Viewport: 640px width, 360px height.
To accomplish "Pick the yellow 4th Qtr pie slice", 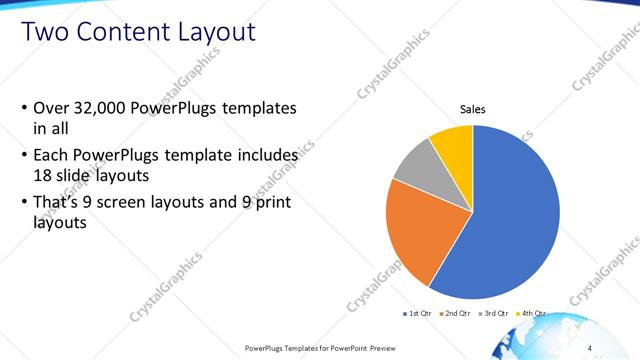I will point(454,144).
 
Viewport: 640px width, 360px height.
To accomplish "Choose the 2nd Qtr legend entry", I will point(458,313).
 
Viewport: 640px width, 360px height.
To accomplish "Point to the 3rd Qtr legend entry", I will point(495,313).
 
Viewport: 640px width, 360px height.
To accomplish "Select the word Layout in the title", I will point(217,32).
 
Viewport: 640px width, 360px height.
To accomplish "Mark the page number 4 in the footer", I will point(590,347).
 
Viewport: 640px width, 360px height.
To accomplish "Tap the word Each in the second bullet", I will point(52,156).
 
